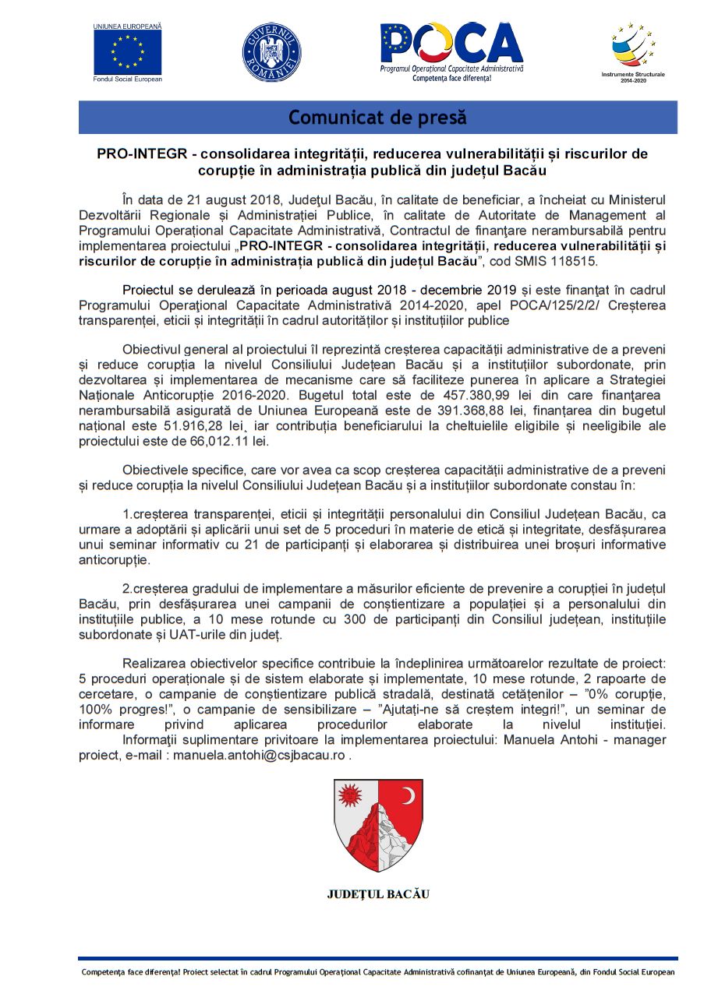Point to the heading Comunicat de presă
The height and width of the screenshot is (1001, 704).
[377, 118]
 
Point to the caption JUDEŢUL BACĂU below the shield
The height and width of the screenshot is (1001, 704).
[377, 893]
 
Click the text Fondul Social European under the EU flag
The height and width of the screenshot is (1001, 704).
[127, 79]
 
